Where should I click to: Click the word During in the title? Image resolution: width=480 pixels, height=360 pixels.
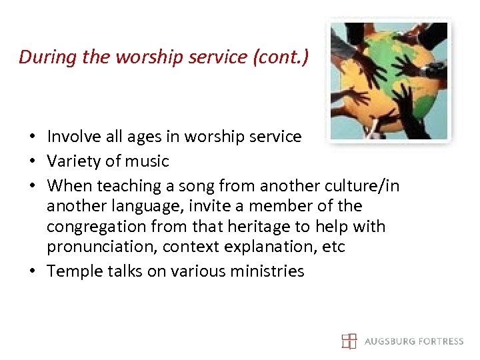coord(46,57)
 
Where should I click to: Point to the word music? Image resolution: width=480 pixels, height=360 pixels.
coord(147,161)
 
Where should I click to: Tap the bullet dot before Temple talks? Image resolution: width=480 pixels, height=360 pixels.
coord(31,272)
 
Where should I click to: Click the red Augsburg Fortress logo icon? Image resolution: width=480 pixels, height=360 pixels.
coord(349,341)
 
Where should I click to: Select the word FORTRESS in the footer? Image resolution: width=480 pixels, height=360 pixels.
coord(439,341)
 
